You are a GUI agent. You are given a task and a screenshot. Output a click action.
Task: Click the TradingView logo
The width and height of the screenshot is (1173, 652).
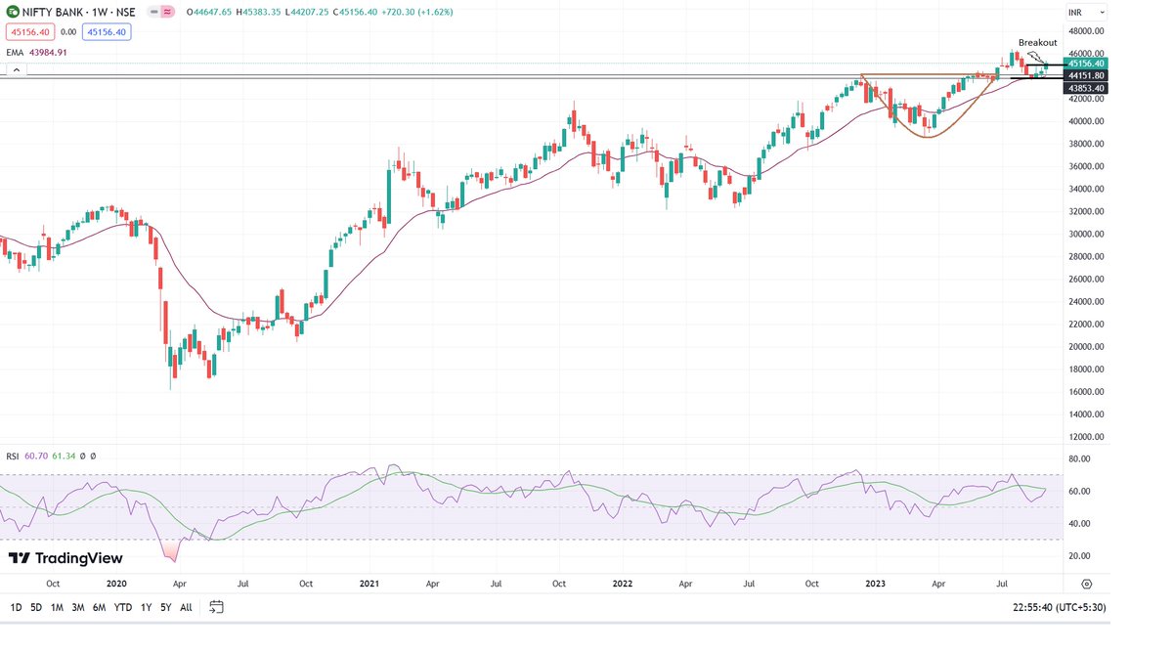65,558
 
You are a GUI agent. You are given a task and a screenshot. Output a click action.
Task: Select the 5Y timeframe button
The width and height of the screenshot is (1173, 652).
165,607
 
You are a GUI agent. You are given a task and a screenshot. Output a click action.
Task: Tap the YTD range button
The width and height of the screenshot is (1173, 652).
123,607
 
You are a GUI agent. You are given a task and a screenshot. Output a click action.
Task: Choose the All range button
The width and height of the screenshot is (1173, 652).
186,607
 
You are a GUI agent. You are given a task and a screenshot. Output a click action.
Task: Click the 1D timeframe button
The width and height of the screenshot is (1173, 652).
16,607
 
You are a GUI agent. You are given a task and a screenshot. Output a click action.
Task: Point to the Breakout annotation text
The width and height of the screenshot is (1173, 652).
1038,43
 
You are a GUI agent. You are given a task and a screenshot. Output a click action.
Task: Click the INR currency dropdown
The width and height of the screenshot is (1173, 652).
1085,12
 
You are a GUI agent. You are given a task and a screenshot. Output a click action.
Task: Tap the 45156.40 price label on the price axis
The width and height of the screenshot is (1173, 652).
1086,64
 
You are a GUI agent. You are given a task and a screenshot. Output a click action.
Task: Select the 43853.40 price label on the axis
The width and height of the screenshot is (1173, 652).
1086,88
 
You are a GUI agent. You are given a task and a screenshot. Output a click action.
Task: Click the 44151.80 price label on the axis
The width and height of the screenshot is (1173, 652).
1086,75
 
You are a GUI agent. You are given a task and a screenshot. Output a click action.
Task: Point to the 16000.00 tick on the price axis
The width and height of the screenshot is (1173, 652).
1086,392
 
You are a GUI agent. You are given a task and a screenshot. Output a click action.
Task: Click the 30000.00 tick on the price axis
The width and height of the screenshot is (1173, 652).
1086,235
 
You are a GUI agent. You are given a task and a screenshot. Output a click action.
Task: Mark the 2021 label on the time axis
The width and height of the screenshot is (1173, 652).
369,584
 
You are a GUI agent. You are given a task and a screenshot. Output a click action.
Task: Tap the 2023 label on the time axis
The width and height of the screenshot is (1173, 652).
875,584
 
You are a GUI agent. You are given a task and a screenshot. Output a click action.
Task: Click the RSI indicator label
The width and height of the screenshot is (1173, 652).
13,456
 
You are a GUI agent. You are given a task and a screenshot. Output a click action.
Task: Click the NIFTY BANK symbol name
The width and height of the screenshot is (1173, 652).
53,12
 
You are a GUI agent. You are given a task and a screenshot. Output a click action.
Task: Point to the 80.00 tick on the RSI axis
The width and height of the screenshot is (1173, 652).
1079,458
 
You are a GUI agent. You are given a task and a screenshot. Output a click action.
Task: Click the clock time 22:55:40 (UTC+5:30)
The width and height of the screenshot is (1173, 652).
1058,607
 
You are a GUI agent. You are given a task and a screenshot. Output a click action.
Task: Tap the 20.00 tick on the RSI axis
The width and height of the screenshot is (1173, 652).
1079,555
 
